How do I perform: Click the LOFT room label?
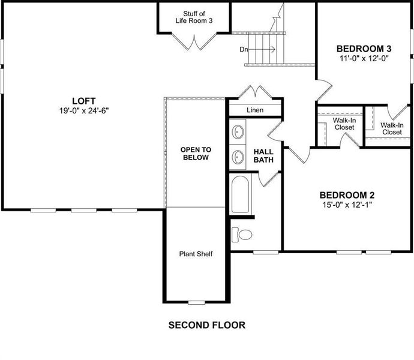[x=84, y=101]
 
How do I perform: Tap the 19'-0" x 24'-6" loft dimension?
[x=84, y=110]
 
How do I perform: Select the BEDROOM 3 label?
[x=364, y=49]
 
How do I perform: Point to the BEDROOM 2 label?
[x=347, y=195]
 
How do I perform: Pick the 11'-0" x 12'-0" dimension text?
[x=364, y=59]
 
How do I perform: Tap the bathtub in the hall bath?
[x=241, y=194]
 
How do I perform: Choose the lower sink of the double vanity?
[x=238, y=157]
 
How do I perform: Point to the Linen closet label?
[x=255, y=110]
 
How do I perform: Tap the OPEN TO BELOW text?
[x=195, y=154]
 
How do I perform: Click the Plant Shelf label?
[x=196, y=254]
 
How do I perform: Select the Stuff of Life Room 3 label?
[x=194, y=17]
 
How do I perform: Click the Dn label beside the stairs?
[x=244, y=49]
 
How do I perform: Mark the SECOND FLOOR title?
[x=206, y=326]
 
